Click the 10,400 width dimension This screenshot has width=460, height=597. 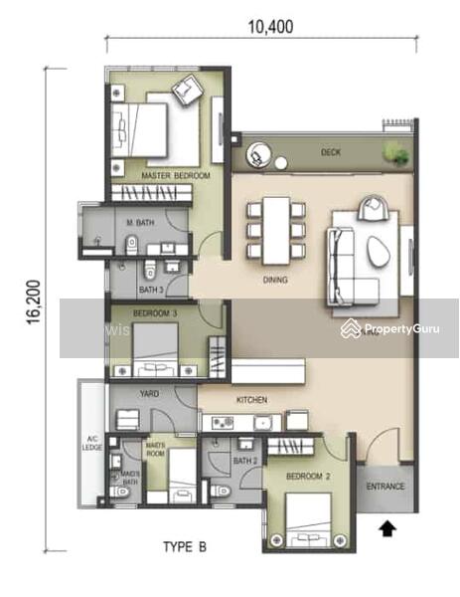(265, 27)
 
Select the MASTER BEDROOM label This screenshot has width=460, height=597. (176, 176)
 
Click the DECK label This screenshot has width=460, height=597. (331, 153)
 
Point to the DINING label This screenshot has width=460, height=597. (274, 281)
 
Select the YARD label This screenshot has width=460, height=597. (149, 394)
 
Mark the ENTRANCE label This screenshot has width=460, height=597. (385, 487)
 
